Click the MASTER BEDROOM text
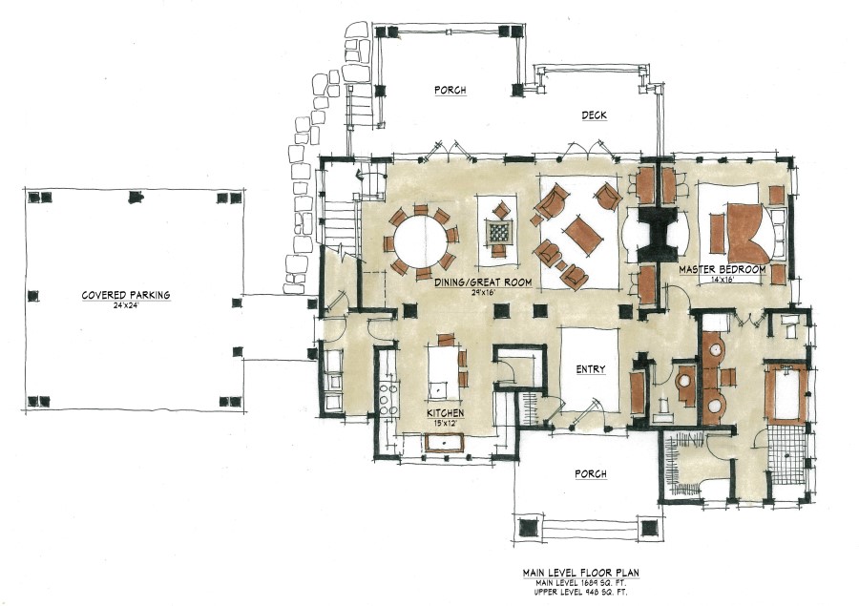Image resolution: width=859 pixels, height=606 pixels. point(723,270)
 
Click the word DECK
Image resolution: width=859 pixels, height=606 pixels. point(594,115)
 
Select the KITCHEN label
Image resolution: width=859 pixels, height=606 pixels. point(444,413)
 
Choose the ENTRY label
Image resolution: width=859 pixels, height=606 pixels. point(590,369)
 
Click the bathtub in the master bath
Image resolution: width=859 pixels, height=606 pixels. point(786,393)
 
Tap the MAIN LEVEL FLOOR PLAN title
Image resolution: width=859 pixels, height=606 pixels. point(578,573)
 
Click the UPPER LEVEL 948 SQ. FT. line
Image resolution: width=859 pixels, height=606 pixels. point(578,592)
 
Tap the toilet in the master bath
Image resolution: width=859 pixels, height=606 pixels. point(788,326)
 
